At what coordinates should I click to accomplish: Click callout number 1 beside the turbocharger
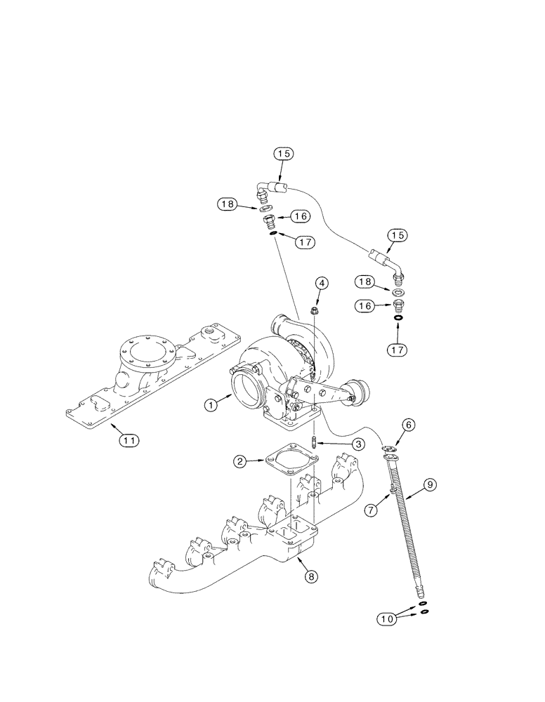[209, 404]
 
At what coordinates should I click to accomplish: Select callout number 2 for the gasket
[240, 461]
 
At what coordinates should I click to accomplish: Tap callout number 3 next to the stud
[357, 444]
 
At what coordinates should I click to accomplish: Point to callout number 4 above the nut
[321, 283]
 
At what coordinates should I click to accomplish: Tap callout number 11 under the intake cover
[128, 440]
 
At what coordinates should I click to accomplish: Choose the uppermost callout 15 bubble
[283, 153]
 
